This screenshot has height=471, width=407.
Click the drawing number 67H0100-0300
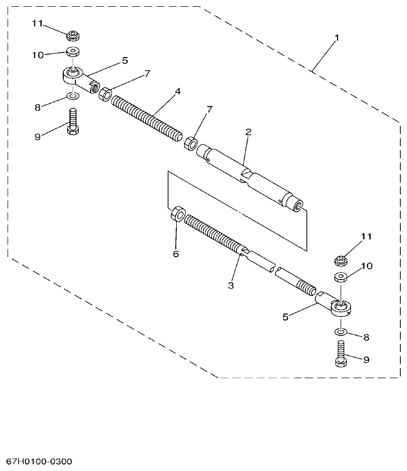39,462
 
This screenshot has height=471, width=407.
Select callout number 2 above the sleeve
248,132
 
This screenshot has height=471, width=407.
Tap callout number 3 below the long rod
231,285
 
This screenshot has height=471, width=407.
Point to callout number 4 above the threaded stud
178,91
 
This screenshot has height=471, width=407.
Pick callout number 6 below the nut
175,254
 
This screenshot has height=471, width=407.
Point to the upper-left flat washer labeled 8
72,96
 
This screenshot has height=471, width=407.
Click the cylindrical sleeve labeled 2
251,177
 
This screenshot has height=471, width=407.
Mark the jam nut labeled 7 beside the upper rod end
105,94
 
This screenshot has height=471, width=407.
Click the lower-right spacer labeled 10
340,276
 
